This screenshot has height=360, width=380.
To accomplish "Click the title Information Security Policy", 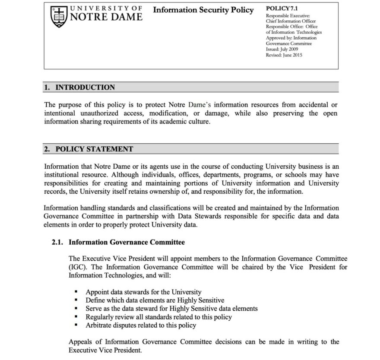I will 203,10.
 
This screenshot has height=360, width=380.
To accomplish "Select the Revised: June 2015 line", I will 284,56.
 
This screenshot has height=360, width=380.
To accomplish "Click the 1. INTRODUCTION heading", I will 79,87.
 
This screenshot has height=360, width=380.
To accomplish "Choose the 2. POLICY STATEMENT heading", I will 89,149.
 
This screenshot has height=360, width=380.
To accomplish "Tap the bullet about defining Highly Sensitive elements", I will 155,300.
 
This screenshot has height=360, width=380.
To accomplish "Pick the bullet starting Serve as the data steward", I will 171,308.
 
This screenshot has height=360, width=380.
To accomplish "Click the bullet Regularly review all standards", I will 158,317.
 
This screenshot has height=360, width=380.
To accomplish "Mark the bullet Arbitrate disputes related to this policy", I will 141,325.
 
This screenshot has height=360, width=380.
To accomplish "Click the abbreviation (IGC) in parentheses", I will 77,267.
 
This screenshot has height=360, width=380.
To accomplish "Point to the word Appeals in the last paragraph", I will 81,342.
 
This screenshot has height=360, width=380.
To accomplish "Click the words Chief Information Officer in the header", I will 291,21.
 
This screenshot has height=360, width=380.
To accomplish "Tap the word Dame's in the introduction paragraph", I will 200,105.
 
